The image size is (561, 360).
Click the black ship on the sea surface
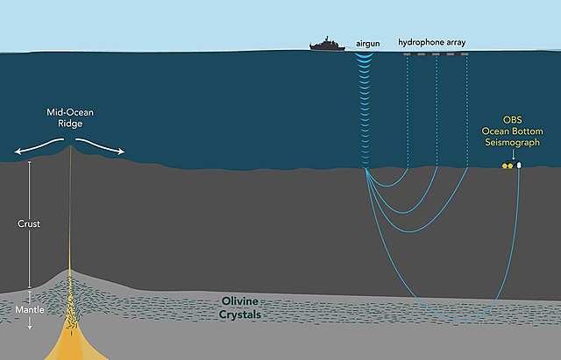(328, 44)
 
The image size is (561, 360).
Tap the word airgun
(368, 41)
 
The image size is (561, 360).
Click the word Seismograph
(513, 142)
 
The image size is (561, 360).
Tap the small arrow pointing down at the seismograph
(513, 155)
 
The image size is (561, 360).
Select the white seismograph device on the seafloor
(519, 164)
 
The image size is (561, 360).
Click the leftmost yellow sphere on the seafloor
(504, 165)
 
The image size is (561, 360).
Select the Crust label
(29, 224)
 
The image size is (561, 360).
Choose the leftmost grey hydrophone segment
(408, 54)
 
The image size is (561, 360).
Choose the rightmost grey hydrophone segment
(465, 54)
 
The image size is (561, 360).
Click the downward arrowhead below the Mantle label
(29, 327)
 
